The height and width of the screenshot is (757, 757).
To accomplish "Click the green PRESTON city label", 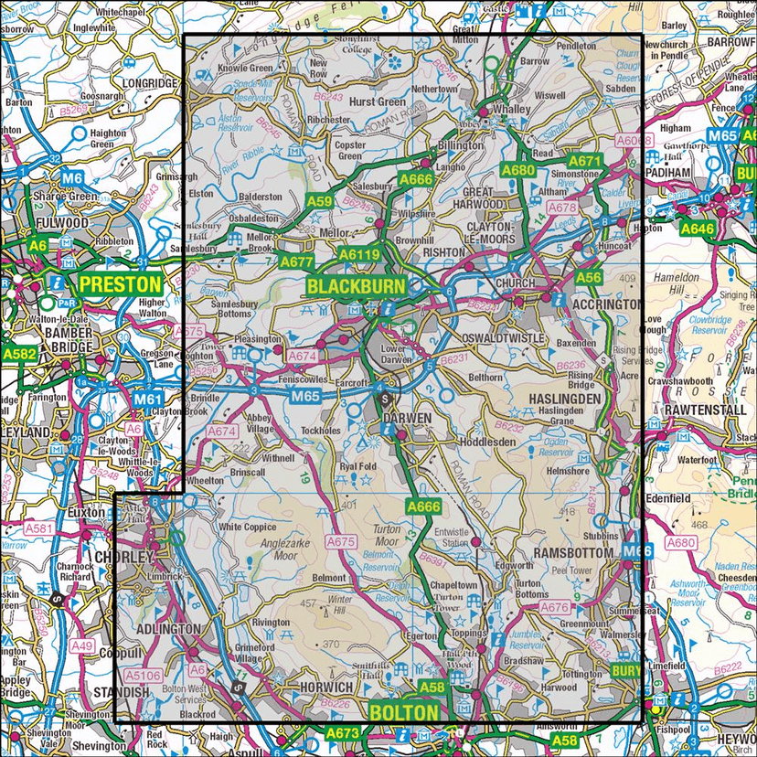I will (x=119, y=284).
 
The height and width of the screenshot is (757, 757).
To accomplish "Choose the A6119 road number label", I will (x=357, y=256).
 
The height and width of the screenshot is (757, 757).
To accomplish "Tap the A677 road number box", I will (x=297, y=261).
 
